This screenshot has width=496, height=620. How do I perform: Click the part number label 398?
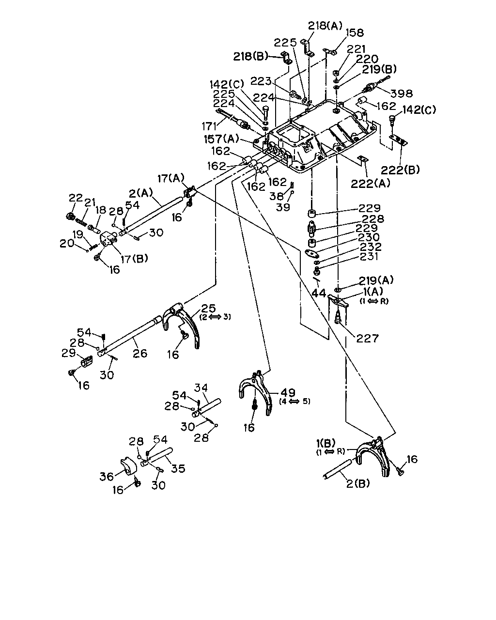(x=402, y=93)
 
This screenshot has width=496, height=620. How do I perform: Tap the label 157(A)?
(x=221, y=139)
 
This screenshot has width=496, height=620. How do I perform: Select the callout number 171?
(x=209, y=126)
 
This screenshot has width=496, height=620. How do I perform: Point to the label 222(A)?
(x=370, y=183)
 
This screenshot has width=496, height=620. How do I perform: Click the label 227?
(x=367, y=338)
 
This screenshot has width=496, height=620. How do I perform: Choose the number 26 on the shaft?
(x=140, y=353)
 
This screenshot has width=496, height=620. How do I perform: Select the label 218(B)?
(x=250, y=56)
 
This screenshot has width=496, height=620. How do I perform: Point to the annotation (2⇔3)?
(x=215, y=317)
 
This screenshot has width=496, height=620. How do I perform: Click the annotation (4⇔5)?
(x=294, y=401)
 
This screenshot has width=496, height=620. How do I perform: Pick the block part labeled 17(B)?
(x=108, y=240)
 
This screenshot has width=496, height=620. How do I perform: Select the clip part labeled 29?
(x=86, y=361)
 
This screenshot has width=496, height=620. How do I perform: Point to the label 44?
(x=319, y=294)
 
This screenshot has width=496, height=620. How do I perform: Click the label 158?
(x=354, y=33)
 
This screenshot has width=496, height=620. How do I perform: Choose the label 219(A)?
(x=376, y=280)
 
